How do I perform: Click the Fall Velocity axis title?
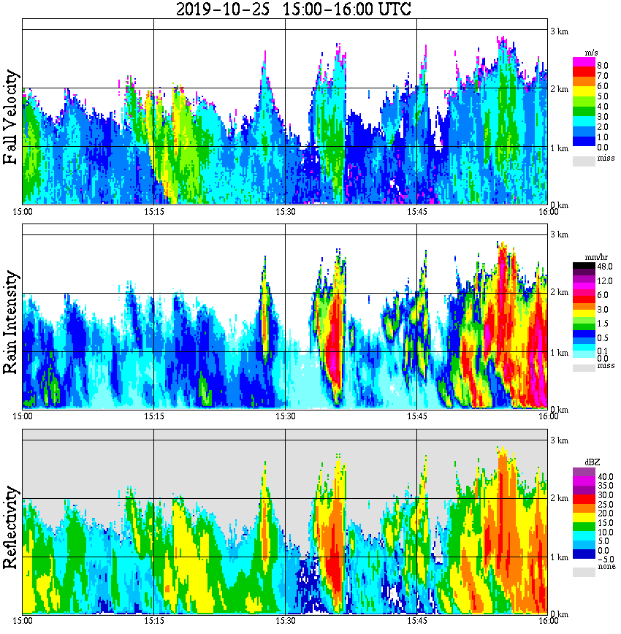pyautogui.click(x=11, y=117)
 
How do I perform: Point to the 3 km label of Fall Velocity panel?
pyautogui.click(x=559, y=30)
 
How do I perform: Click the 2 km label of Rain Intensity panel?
pyautogui.click(x=559, y=293)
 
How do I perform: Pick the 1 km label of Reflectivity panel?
pyautogui.click(x=559, y=557)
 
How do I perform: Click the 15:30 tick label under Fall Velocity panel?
pyautogui.click(x=285, y=212)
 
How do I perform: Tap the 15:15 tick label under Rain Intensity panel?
pyautogui.click(x=153, y=416)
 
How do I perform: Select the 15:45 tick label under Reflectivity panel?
pyautogui.click(x=416, y=621)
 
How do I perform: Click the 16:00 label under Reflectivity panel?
pyautogui.click(x=548, y=621)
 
